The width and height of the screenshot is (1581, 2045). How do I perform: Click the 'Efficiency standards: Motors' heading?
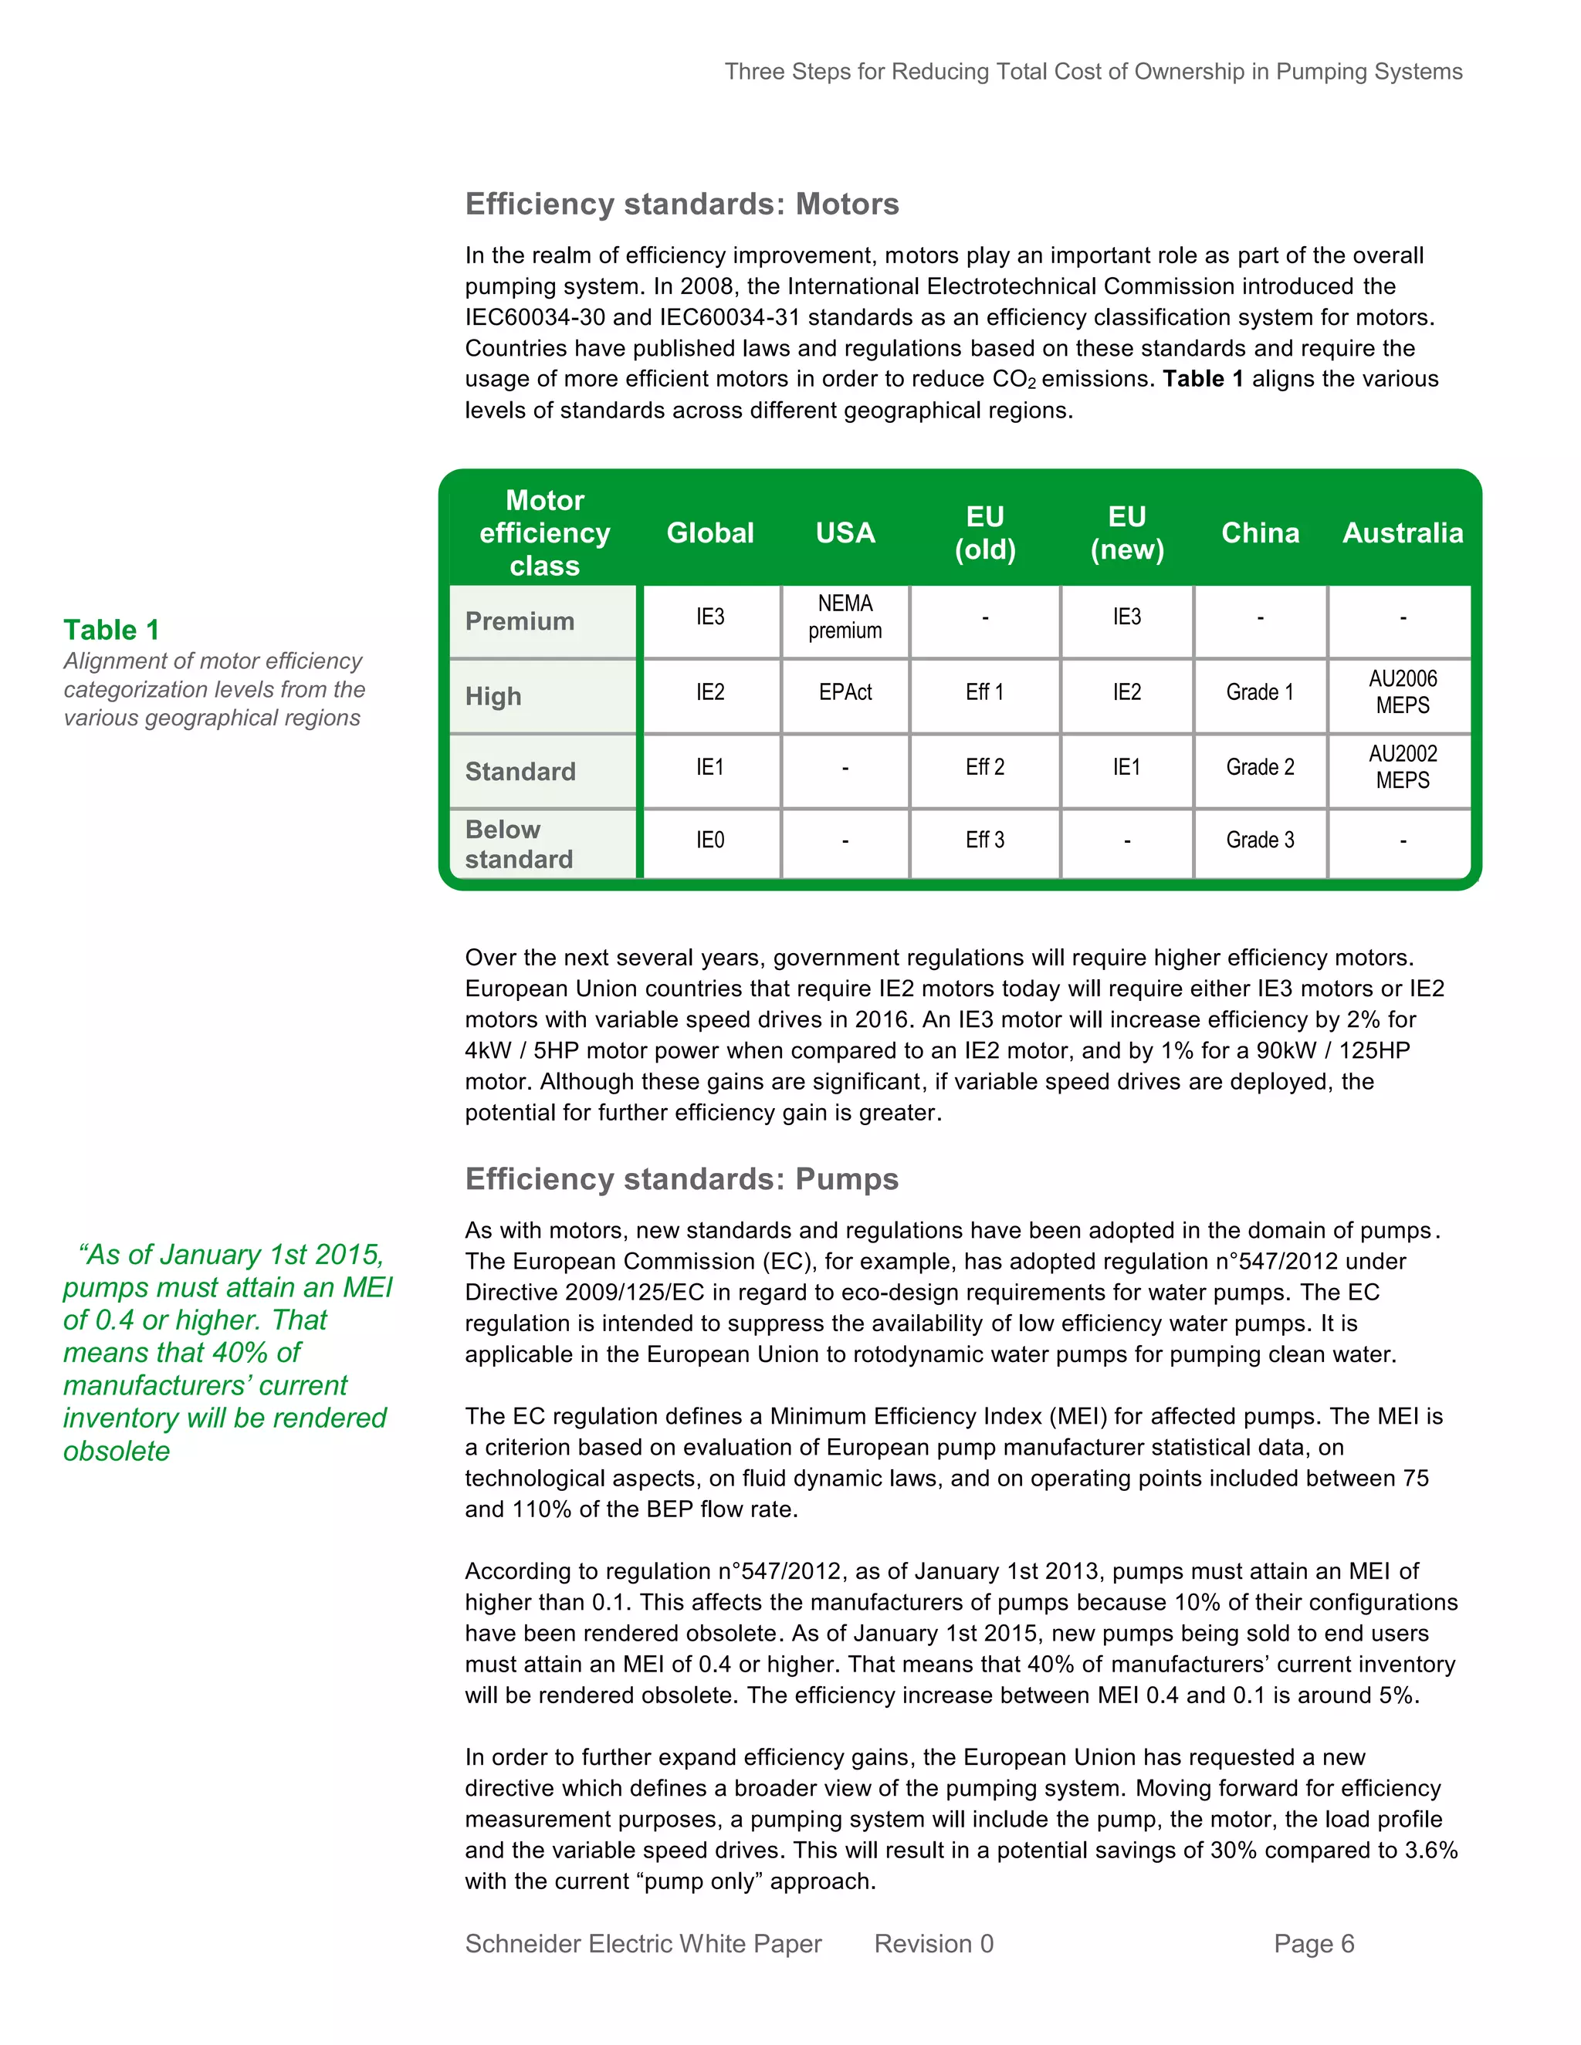(682, 204)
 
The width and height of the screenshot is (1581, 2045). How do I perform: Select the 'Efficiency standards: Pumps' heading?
(682, 1179)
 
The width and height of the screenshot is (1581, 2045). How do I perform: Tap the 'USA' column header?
(845, 532)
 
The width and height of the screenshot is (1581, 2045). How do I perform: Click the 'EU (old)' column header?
(984, 532)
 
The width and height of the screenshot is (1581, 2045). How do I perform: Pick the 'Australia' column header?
(1402, 532)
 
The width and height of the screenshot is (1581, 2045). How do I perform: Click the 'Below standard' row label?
(519, 843)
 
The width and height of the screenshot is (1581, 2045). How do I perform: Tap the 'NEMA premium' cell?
(845, 617)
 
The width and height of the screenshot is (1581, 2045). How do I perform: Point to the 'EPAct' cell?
(845, 692)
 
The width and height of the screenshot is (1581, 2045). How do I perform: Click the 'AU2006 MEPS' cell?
(1402, 692)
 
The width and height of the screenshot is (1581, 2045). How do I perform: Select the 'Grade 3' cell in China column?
(1260, 840)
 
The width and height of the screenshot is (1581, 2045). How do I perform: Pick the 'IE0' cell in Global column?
(710, 840)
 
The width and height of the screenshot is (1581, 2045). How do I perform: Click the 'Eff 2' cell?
(984, 767)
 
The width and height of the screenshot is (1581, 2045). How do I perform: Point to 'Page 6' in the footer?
(1313, 1944)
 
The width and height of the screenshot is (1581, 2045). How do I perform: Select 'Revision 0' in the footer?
(933, 1944)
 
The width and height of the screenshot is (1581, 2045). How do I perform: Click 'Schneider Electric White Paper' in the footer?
(642, 1944)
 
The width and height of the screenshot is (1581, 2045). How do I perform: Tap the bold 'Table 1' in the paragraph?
(1203, 379)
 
